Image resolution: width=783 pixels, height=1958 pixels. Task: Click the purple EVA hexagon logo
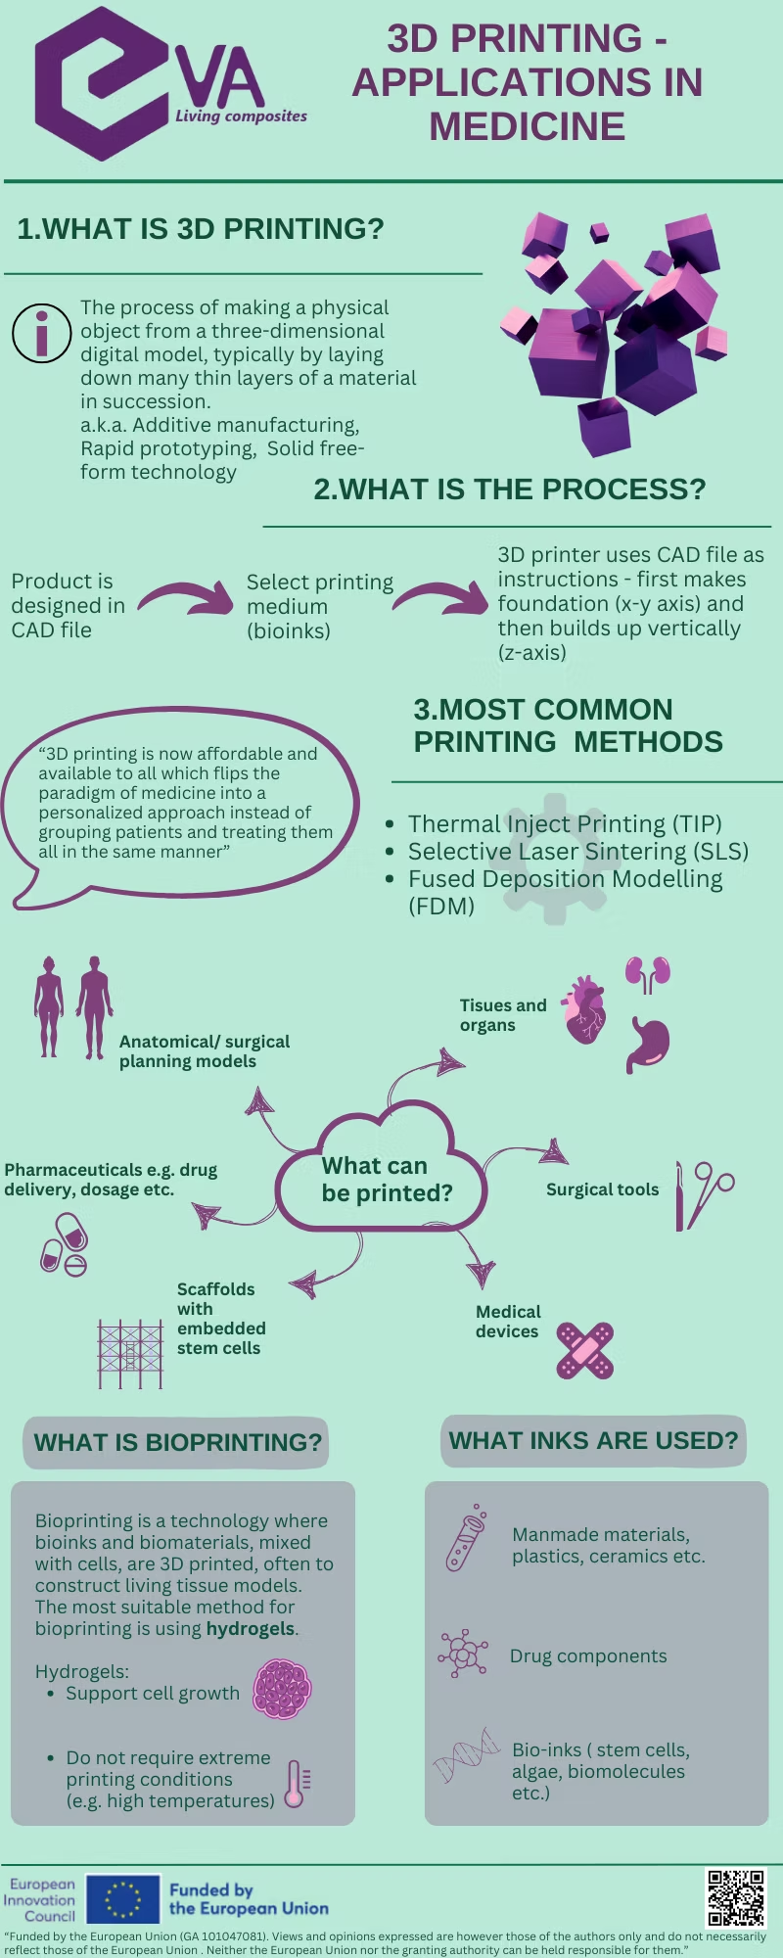(x=103, y=83)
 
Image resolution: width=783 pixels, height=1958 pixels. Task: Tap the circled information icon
(x=41, y=333)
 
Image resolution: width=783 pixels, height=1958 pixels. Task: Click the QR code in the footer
(x=736, y=1898)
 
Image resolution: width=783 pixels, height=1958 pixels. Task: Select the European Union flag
(x=123, y=1899)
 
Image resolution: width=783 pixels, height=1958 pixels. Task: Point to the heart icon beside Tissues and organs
(x=585, y=1011)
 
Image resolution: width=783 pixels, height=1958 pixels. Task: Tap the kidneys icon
(x=648, y=974)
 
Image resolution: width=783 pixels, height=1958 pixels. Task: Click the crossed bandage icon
(x=584, y=1351)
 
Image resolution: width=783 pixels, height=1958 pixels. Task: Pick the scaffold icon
(x=130, y=1353)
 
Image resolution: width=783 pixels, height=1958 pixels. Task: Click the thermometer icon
(x=296, y=1784)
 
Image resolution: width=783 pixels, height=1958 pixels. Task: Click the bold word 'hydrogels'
(x=250, y=1629)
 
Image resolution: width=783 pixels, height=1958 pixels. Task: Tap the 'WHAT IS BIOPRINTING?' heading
(x=177, y=1442)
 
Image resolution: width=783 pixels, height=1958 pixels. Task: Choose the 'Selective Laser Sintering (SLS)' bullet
(x=577, y=852)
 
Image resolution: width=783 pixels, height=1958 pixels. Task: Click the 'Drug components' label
(x=587, y=1655)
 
